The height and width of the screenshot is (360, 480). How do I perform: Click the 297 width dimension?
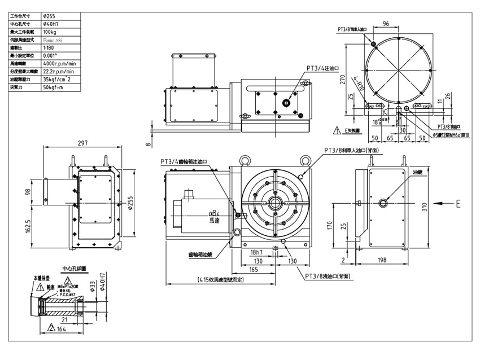point(83,143)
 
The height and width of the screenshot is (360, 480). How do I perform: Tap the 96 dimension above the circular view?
point(386,24)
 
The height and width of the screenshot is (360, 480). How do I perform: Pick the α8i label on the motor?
point(213,214)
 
